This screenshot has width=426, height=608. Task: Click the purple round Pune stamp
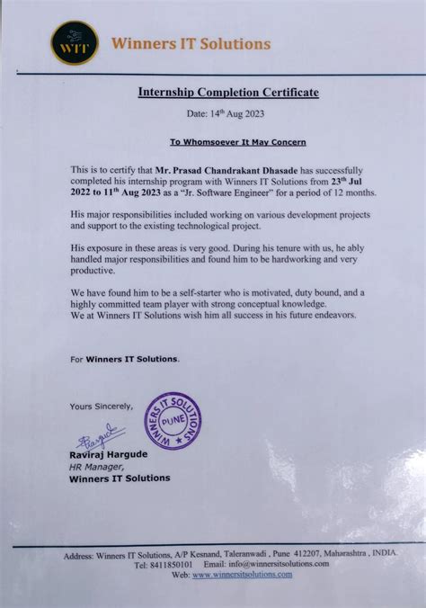[x=173, y=420]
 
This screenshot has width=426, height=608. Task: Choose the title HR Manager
[x=94, y=467]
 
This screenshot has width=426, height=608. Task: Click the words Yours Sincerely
[x=101, y=406]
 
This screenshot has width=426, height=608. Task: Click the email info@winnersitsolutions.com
[x=279, y=564]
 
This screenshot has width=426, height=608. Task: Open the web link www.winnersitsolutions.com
[x=238, y=574]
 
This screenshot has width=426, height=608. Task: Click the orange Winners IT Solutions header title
[x=190, y=43]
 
